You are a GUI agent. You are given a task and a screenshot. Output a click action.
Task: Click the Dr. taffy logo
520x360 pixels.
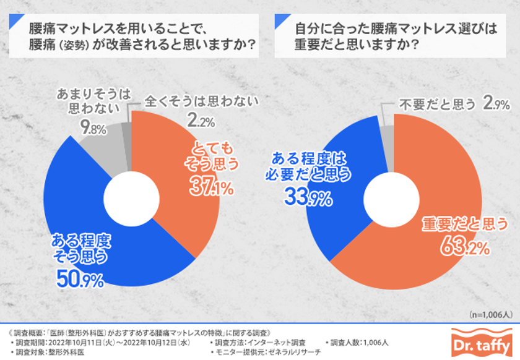point(480,341)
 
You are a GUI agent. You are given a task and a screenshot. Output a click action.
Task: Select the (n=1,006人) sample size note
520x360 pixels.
point(490,314)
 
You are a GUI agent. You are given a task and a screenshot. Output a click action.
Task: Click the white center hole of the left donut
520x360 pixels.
point(132,199)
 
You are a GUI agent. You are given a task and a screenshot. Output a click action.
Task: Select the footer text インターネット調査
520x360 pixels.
point(279,341)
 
